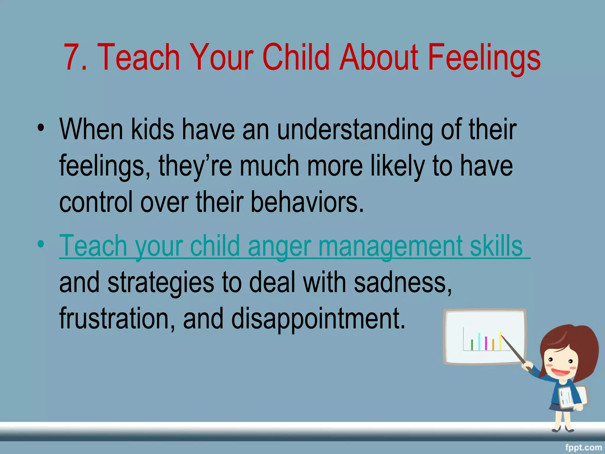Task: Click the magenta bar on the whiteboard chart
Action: [x=486, y=343]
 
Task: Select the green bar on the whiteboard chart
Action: [x=472, y=345]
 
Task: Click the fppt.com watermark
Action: [x=583, y=447]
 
